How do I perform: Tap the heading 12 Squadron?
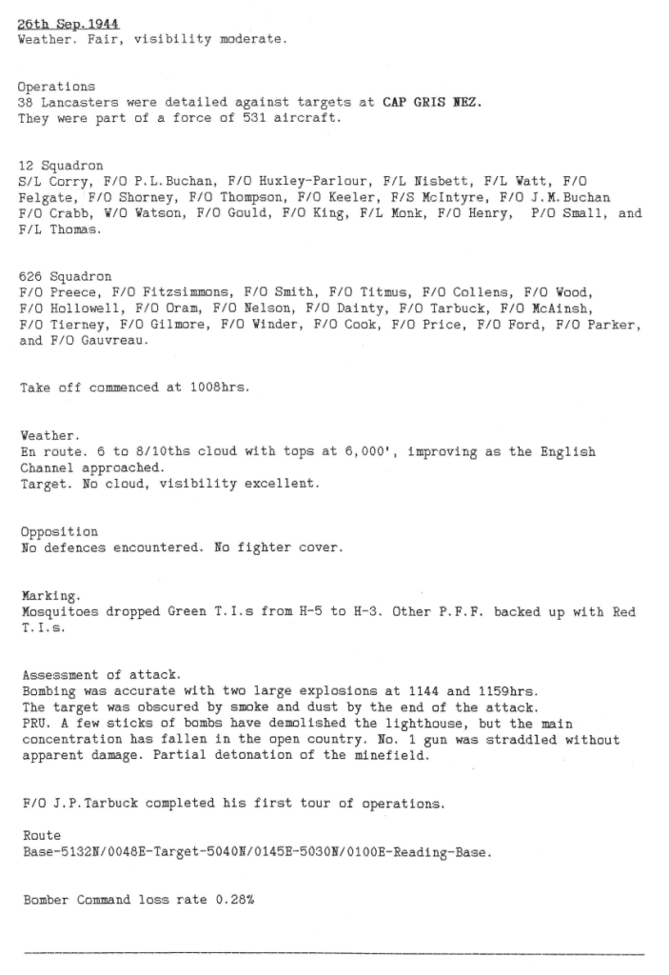pyautogui.click(x=61, y=165)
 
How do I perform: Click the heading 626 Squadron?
pyautogui.click(x=65, y=276)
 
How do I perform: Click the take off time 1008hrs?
pyautogui.click(x=215, y=388)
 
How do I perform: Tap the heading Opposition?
pyautogui.click(x=58, y=532)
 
